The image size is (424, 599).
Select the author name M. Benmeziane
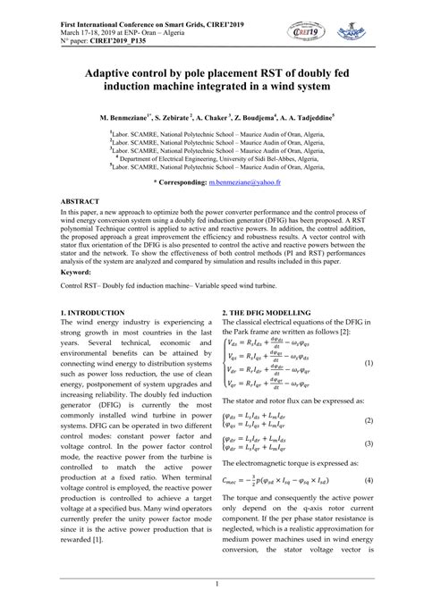(x=104, y=117)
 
